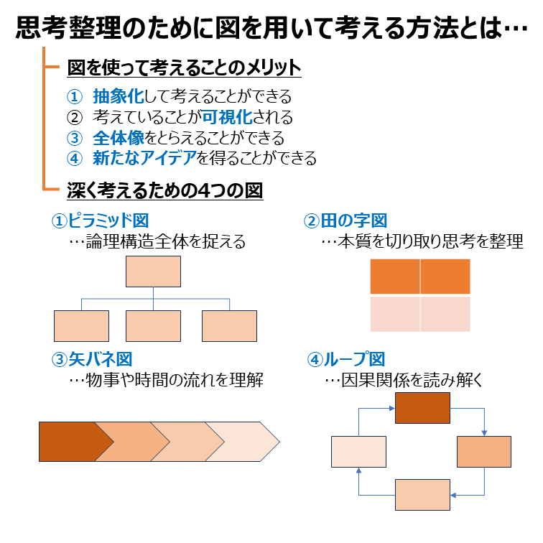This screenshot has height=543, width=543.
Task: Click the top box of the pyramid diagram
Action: (153, 271)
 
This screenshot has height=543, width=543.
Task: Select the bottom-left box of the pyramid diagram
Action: (81, 326)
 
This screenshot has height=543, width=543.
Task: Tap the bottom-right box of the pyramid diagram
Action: (229, 326)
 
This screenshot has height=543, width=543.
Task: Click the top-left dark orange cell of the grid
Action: (395, 277)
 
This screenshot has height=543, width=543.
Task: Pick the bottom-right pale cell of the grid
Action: (445, 314)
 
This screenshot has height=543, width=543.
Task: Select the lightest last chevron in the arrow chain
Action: (243, 442)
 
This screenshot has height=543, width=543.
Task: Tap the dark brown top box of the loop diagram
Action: (422, 408)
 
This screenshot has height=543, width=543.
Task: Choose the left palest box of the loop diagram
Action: (358, 452)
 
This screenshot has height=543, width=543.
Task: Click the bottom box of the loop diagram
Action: (422, 495)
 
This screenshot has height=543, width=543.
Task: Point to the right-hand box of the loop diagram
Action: (484, 452)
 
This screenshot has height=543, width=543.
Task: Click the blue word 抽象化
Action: (119, 96)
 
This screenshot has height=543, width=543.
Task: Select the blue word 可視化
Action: (227, 117)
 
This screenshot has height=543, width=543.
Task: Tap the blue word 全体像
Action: (119, 138)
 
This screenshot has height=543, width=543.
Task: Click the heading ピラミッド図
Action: (108, 221)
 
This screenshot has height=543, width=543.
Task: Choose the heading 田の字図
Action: (353, 221)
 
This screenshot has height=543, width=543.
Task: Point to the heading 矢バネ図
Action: (101, 359)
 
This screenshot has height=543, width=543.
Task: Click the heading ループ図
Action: (354, 359)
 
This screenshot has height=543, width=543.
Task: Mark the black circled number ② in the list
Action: (75, 118)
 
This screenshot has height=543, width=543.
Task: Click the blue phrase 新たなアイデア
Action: (145, 158)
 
